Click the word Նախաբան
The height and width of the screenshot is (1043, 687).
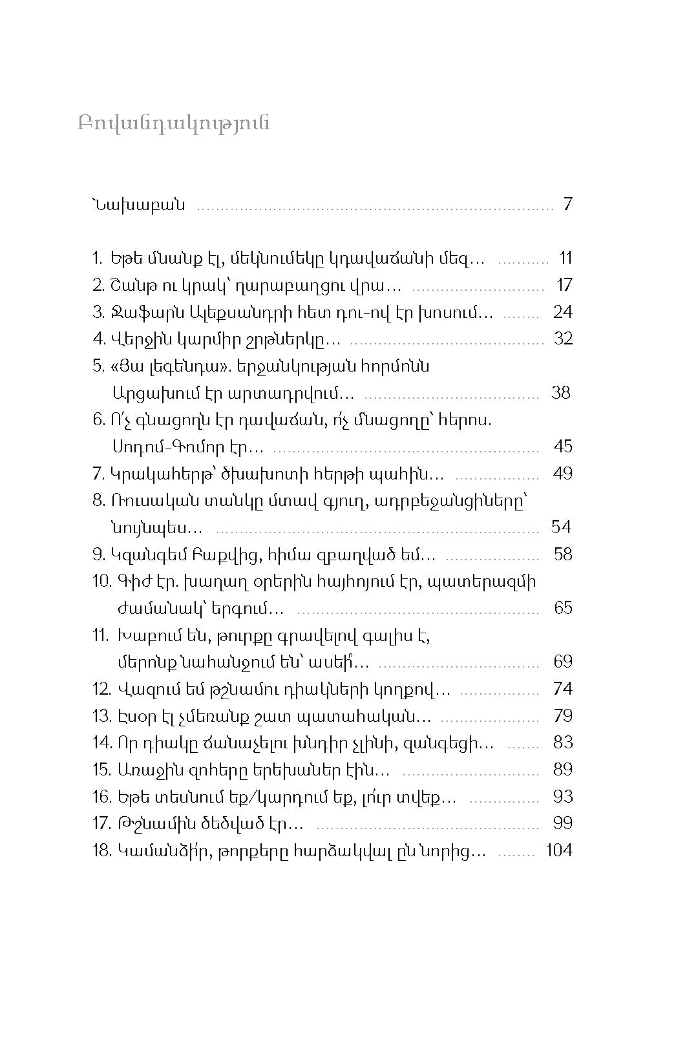139,205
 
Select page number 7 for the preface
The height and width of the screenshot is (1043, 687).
567,205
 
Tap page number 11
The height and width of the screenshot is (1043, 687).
565,258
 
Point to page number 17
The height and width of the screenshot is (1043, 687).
565,285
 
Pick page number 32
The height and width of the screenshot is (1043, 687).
564,339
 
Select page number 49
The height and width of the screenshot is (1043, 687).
563,474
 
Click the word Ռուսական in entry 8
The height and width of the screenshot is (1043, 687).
147,501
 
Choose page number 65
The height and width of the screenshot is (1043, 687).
563,608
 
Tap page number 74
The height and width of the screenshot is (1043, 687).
563,689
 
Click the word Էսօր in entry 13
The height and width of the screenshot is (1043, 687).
134,716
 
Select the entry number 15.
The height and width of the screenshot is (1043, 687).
102,770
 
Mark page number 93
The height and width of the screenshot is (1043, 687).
563,797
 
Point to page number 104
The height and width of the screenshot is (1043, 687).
559,850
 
